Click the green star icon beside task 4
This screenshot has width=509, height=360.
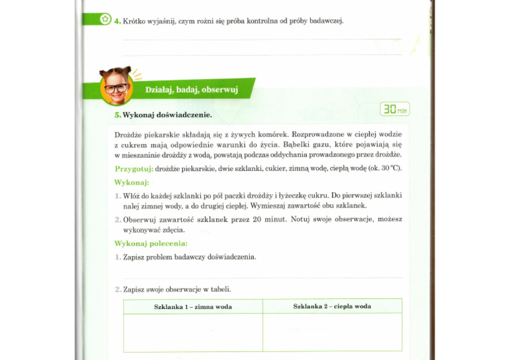(x=105, y=19)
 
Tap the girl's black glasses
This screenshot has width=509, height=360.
(x=116, y=88)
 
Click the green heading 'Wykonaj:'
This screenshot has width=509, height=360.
(x=131, y=182)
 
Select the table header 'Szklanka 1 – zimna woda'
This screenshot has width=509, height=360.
(x=193, y=307)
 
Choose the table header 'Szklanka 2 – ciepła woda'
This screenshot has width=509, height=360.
(x=332, y=306)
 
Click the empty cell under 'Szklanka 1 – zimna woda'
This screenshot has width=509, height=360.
(x=193, y=332)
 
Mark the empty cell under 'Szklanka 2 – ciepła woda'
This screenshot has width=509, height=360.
(x=332, y=332)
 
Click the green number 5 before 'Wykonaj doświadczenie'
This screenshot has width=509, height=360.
(x=117, y=115)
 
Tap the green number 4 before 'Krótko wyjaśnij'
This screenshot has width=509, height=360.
(x=117, y=21)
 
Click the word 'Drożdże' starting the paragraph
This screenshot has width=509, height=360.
(x=129, y=135)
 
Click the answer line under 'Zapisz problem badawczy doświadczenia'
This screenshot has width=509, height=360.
(x=262, y=277)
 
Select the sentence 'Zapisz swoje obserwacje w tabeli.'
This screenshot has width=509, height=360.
(x=177, y=290)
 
